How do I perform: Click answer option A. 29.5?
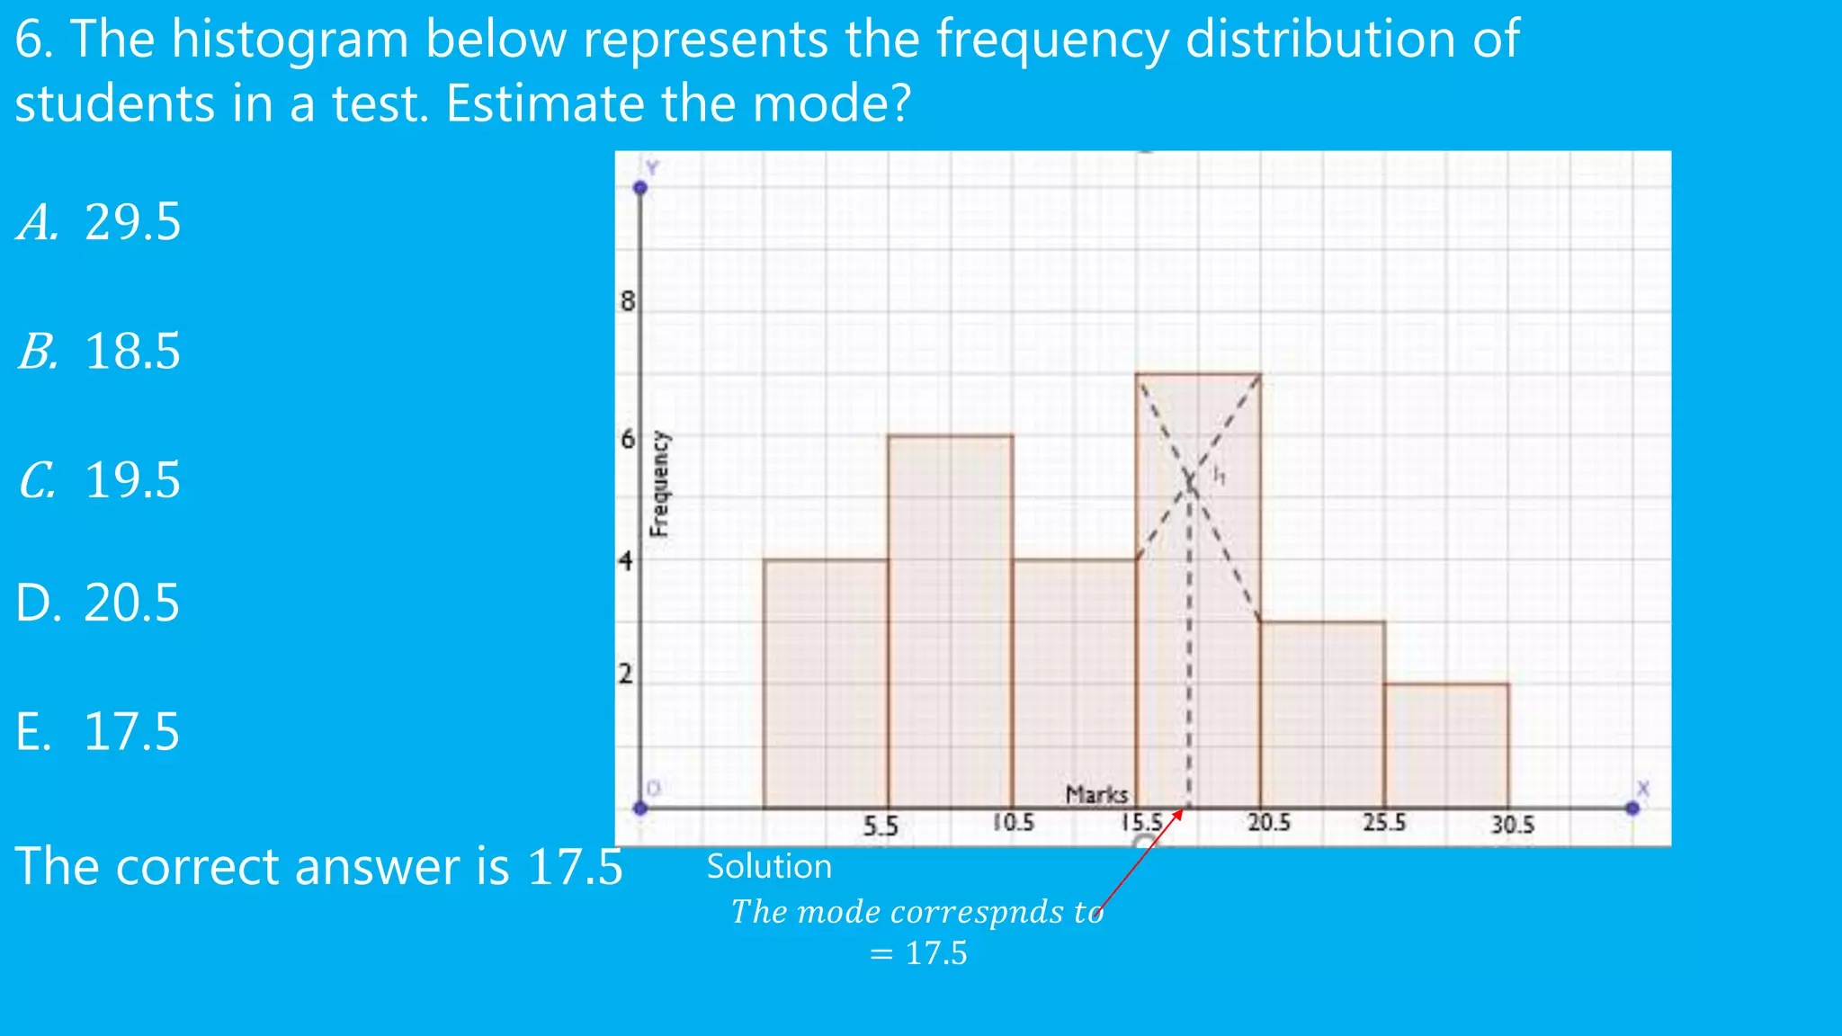click(99, 222)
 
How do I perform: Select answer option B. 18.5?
click(99, 352)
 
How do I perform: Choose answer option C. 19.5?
click(99, 480)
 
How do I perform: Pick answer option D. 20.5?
click(97, 603)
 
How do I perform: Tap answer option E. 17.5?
click(97, 731)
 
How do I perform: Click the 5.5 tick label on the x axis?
click(880, 826)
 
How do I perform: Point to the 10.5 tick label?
click(1014, 823)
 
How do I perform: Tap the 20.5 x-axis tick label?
click(1268, 823)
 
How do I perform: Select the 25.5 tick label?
click(1383, 823)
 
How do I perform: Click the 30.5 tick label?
click(1512, 825)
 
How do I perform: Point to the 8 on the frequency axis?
click(627, 301)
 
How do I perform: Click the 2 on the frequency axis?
click(626, 674)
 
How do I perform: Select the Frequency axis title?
click(659, 484)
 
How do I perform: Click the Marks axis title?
click(1096, 795)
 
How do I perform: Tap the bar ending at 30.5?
click(1446, 746)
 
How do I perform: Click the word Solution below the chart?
click(769, 867)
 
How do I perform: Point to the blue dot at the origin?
click(640, 808)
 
